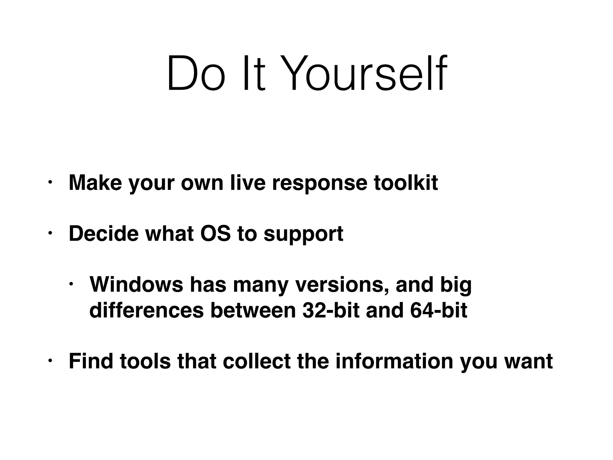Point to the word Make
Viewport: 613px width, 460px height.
pyautogui.click(x=95, y=182)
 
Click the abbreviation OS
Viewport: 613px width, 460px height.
pyautogui.click(x=216, y=233)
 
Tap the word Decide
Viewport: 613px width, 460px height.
pyautogui.click(x=104, y=233)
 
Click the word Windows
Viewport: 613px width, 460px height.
pyautogui.click(x=136, y=284)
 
